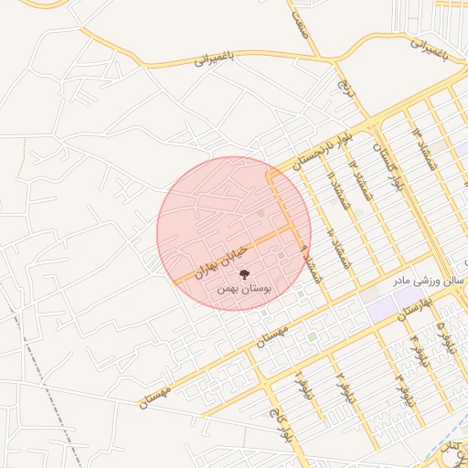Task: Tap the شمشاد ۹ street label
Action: click(x=314, y=259)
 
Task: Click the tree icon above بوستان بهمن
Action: click(x=243, y=272)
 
